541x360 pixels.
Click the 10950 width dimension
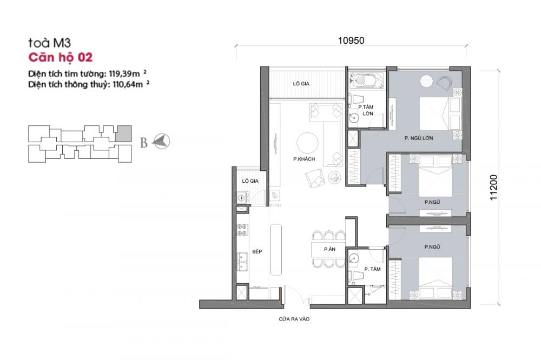pos(351,41)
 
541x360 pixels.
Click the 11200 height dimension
pos(493,187)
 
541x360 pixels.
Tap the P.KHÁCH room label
pos(304,159)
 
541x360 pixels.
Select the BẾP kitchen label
pos(257,251)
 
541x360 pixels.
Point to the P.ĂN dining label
pos(329,249)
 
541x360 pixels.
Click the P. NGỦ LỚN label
pos(419,138)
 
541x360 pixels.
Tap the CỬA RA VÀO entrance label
pos(294,319)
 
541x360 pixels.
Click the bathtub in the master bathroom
pos(366,81)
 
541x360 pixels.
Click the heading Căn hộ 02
pos(61,57)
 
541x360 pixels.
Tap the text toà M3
pos(49,43)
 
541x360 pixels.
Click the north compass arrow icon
pos(161,142)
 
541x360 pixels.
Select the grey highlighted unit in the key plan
pos(123,134)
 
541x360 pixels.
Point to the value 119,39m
pos(124,74)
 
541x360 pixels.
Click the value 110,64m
pos(128,84)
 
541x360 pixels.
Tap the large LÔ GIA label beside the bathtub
pos(301,83)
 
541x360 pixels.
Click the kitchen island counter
pos(276,250)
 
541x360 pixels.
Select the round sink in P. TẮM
pos(354,258)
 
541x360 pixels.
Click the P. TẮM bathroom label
pos(373,269)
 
